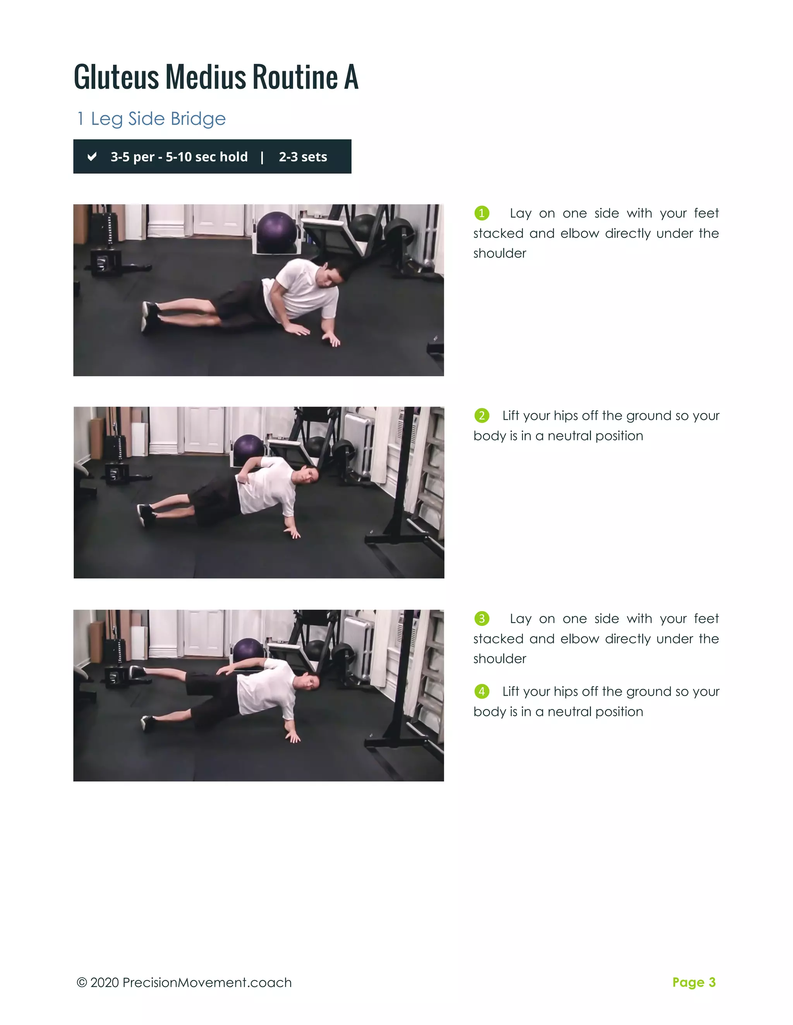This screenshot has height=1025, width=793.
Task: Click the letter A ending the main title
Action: click(351, 77)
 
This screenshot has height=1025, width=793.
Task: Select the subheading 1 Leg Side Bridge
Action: click(151, 119)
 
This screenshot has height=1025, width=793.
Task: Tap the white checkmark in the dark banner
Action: click(92, 156)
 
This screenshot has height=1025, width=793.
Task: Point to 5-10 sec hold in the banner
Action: click(206, 157)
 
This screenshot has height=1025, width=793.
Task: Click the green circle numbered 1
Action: click(482, 213)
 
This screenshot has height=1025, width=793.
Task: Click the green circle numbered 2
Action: click(482, 415)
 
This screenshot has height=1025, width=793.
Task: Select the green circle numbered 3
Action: click(482, 618)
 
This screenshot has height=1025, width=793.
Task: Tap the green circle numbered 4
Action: click(482, 691)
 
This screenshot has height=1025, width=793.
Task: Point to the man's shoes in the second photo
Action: click(146, 514)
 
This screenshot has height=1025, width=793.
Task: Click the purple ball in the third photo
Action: click(248, 650)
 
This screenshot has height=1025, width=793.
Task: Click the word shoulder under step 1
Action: click(499, 253)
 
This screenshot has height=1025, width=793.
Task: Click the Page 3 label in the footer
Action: click(693, 982)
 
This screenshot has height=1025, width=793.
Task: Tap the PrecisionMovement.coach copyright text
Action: click(184, 983)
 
